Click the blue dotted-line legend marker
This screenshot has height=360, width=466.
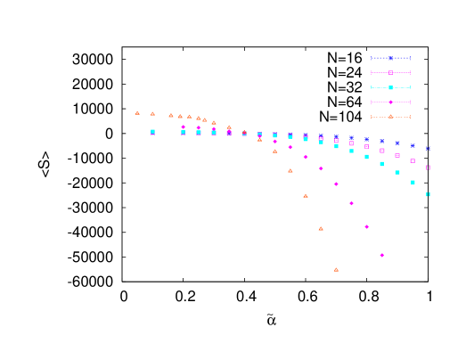(390, 58)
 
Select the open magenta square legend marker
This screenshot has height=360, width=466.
(390, 72)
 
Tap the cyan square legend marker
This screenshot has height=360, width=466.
(390, 87)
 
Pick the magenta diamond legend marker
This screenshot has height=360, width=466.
(390, 102)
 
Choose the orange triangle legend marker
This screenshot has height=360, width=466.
(390, 116)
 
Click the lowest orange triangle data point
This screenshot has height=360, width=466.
(336, 269)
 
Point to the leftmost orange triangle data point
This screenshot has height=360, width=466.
(137, 112)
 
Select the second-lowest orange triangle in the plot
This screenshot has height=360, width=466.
(321, 228)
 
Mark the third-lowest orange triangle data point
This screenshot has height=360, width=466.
(306, 195)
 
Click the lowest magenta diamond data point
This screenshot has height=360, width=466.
(382, 255)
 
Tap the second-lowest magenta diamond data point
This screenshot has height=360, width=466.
(367, 226)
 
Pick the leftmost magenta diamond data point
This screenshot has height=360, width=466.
(184, 127)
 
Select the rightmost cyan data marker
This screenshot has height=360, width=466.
(428, 193)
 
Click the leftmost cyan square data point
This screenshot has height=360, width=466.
(152, 131)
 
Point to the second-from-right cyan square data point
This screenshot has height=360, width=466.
(413, 182)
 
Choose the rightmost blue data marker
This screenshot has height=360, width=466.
(428, 148)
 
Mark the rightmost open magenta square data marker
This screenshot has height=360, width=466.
(428, 167)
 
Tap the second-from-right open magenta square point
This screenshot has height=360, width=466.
(413, 160)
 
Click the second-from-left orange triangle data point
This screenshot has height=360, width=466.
(152, 113)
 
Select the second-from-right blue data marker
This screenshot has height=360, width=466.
(413, 145)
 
